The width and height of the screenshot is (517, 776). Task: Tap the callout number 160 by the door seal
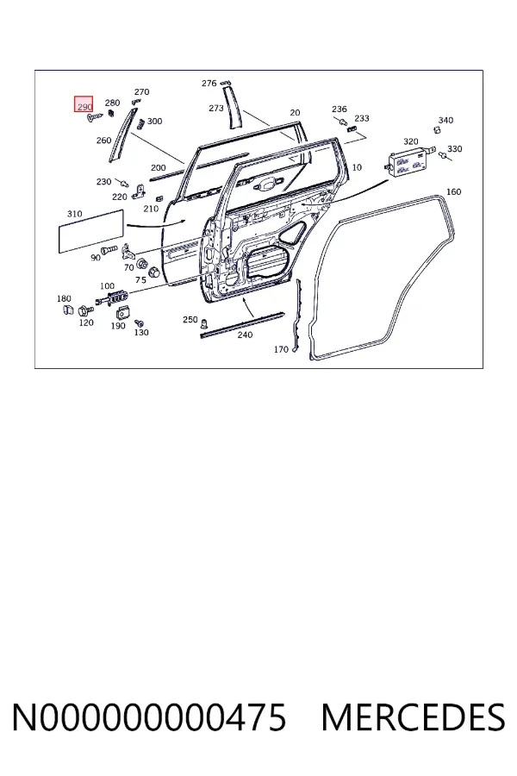pos(454,191)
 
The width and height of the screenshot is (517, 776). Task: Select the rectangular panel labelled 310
pos(91,231)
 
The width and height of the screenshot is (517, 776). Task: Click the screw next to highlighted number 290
pos(95,118)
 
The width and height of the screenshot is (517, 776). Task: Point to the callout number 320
pos(411,141)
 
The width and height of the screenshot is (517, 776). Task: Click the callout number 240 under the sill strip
pos(245,335)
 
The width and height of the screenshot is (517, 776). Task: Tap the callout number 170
pos(281,349)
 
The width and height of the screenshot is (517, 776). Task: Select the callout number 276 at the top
pos(209,83)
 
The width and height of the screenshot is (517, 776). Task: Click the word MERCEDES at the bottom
pos(413,717)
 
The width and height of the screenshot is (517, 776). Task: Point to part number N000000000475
pos(149,717)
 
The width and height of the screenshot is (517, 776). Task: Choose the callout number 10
pos(357,167)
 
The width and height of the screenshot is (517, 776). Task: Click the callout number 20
pos(295,112)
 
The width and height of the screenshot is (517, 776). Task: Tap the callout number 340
pos(445,120)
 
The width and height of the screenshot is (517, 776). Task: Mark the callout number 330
pos(455,149)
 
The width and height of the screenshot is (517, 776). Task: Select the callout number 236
pos(339,109)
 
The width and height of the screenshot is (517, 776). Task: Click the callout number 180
pos(64,298)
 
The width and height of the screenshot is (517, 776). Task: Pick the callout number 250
pos(190,320)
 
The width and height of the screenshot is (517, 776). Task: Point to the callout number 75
pos(141,280)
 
